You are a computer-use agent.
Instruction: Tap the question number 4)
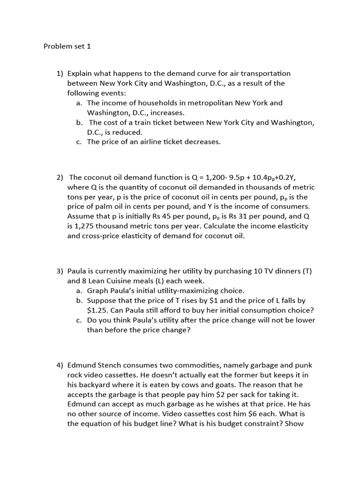tap(60, 365)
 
